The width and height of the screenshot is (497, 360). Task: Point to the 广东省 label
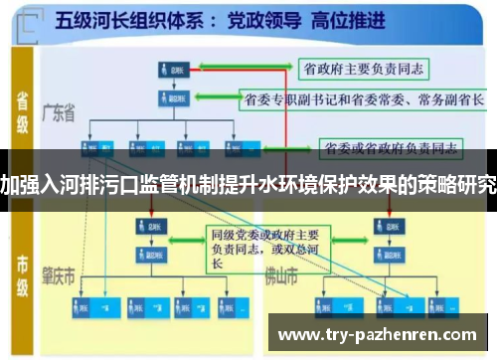[59, 115]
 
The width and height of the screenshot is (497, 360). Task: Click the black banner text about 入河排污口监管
[248, 186]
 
